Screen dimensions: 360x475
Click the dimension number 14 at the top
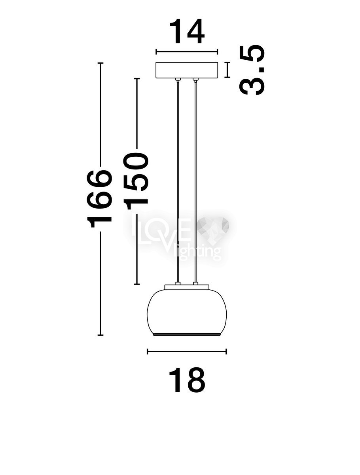click(187, 32)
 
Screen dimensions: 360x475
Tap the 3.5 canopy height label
click(252, 70)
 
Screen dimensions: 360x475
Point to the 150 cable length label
click(136, 181)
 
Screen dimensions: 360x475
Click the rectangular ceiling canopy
click(187, 70)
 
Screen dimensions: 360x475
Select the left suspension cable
click(178, 182)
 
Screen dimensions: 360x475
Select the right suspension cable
click(195, 182)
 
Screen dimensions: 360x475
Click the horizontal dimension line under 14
click(187, 52)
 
